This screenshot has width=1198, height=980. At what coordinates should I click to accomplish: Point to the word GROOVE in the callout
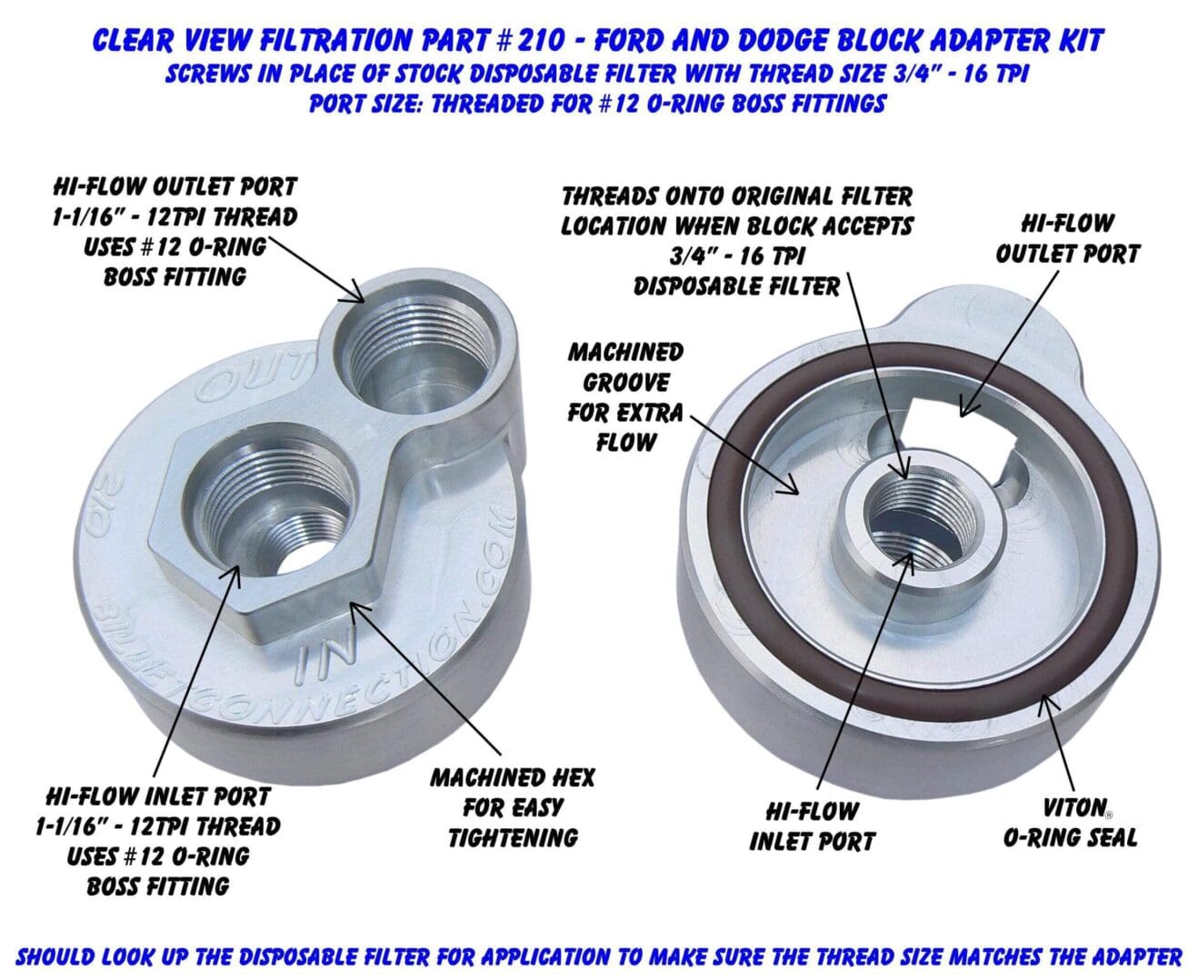click(x=626, y=383)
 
